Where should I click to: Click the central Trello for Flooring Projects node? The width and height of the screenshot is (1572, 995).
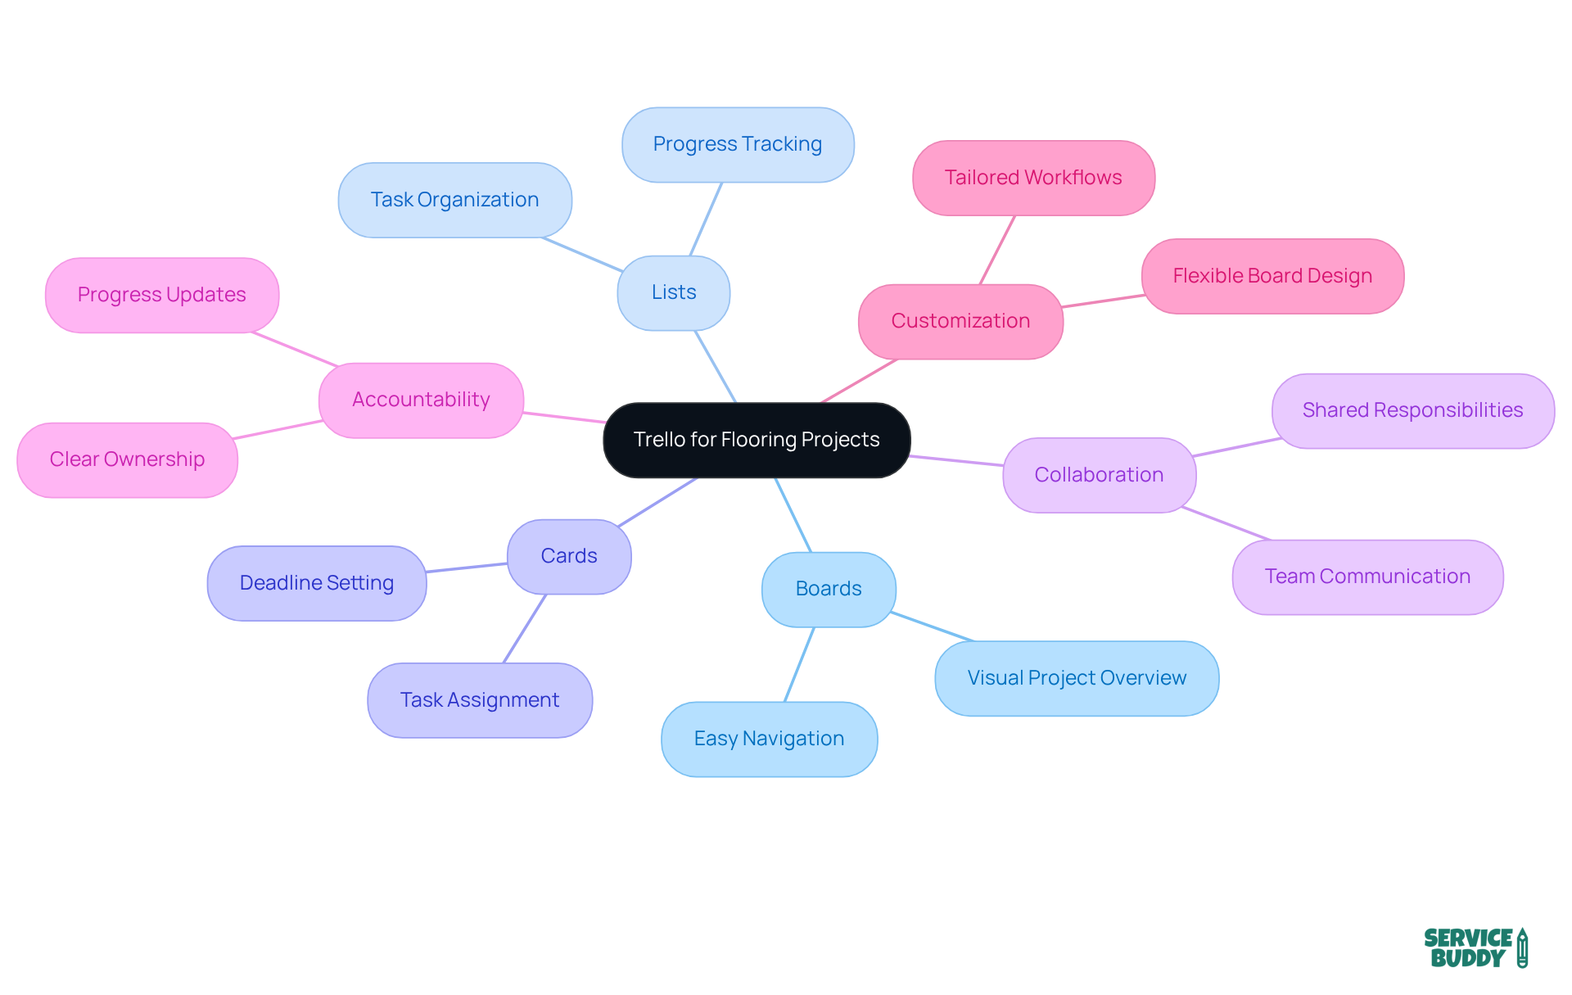757,440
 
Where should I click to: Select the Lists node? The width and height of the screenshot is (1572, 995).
673,292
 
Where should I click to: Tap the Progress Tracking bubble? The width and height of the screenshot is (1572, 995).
737,144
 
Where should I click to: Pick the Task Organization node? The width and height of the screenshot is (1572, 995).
454,200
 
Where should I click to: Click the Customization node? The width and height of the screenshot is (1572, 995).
960,321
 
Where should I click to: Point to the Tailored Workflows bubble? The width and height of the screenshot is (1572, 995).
1032,178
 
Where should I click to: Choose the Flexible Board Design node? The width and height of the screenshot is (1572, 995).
1272,276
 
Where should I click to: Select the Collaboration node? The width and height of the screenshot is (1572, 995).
1098,475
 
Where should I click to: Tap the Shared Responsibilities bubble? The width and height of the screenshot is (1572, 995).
1412,410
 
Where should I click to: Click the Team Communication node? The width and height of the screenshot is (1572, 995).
1366,577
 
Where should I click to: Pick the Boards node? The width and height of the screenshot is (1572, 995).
828,589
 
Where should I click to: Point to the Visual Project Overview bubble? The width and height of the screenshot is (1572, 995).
1076,678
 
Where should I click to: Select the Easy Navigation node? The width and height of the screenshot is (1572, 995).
769,739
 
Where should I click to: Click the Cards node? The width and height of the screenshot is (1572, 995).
568,556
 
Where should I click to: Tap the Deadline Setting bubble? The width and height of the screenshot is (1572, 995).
316,583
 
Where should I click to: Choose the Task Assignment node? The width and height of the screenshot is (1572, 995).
479,700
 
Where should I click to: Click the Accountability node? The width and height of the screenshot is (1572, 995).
421,400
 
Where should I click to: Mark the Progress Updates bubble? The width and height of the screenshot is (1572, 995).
161,295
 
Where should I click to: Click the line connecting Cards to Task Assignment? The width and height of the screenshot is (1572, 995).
524,629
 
